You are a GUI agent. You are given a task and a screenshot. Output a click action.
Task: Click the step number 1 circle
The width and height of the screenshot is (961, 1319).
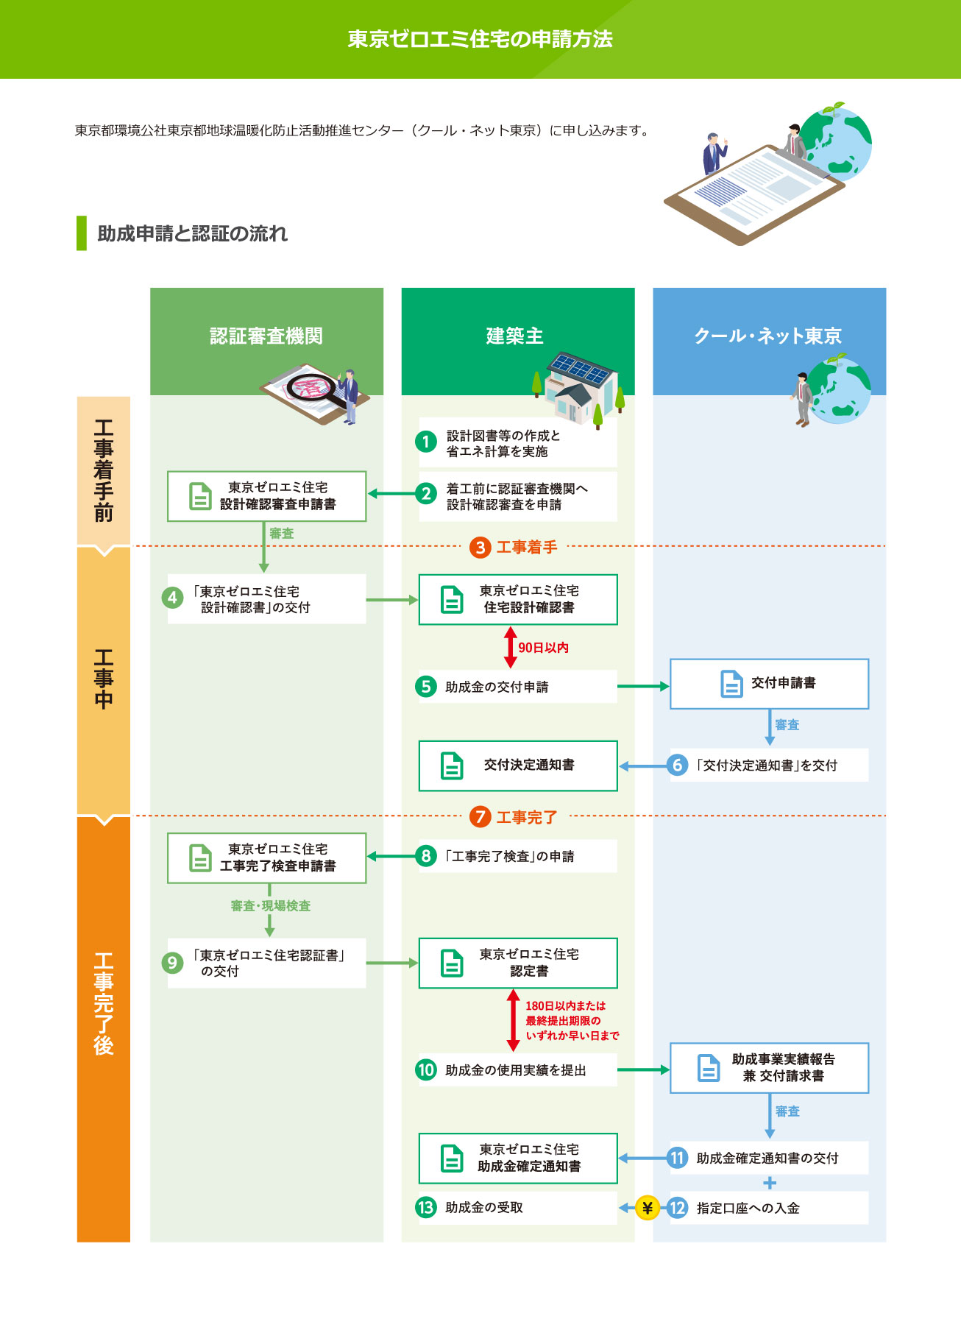pos(426,442)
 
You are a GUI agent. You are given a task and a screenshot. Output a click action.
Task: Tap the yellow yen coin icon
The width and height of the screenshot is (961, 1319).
pos(647,1208)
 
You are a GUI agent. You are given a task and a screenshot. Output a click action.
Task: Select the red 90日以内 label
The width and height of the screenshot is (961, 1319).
pos(543,648)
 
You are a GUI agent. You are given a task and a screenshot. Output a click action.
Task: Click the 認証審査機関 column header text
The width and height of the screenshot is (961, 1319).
pos(266,336)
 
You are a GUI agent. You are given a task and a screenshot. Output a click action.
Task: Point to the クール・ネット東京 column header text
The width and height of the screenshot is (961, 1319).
pos(767,336)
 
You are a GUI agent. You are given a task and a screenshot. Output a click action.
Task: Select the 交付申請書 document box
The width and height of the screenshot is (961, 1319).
pos(769,684)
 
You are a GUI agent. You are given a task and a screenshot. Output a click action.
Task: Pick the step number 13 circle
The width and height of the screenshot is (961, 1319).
pos(426,1207)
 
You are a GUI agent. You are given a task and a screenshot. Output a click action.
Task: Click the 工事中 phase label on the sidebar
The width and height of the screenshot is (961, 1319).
pos(104,679)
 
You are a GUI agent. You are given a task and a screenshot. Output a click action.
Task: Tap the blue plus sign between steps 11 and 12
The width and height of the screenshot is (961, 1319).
pos(770,1183)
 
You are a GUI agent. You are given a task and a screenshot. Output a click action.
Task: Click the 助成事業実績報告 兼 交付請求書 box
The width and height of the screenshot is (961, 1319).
pos(769,1067)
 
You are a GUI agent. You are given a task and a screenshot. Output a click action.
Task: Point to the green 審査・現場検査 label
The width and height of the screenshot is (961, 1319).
pos(271,906)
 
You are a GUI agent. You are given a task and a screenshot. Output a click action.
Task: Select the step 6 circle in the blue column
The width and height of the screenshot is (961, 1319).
pos(678,765)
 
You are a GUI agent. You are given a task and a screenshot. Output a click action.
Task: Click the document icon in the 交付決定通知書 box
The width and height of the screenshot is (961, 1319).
pos(452,765)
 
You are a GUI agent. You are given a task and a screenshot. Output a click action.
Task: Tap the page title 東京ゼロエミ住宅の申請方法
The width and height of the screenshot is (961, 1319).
pos(480,39)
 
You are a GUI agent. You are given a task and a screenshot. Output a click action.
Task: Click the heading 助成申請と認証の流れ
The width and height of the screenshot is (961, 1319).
pos(192,233)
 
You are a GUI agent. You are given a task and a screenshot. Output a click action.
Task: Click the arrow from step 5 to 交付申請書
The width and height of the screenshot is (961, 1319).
pos(643,686)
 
